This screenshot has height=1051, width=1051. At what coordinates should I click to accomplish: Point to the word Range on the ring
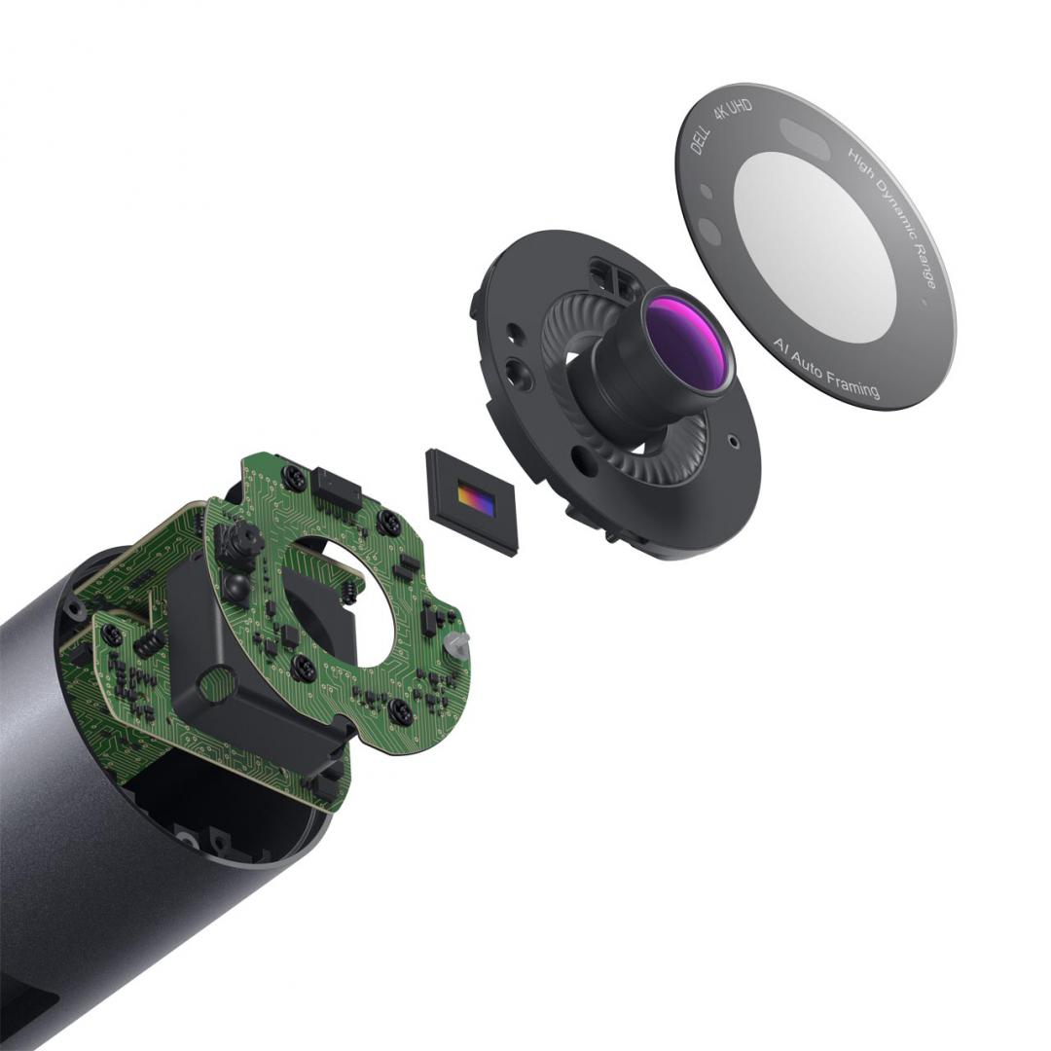tap(924, 268)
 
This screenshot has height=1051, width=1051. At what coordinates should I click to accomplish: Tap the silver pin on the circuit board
tap(456, 641)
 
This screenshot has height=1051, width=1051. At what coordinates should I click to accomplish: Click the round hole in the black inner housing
tap(215, 685)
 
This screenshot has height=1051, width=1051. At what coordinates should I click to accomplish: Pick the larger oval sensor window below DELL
tap(709, 231)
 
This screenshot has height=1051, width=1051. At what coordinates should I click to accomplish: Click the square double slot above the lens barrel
tap(616, 281)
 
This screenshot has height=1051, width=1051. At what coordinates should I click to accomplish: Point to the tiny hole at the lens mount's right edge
tap(730, 438)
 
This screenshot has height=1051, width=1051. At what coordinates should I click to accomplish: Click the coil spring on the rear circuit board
tap(147, 642)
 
